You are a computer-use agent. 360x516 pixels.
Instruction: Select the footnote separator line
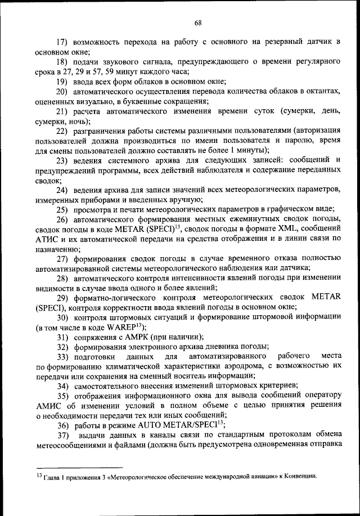click(x=79, y=467)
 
